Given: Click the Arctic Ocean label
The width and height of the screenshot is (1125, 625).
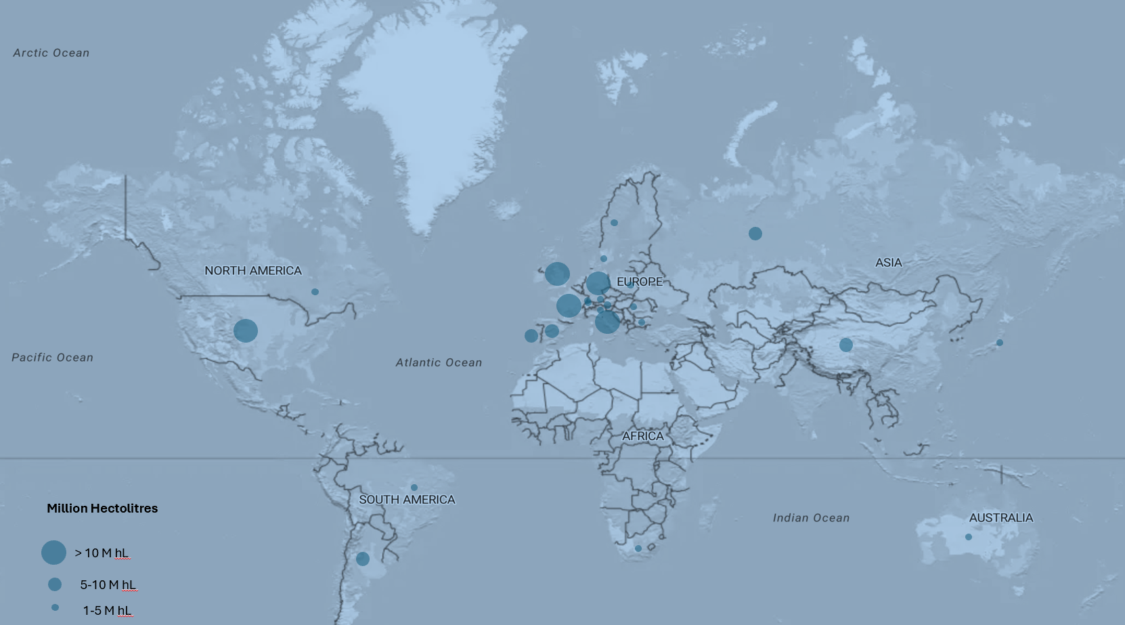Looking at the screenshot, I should point(51,53).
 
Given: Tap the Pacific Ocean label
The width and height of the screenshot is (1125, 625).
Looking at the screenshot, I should point(52,358).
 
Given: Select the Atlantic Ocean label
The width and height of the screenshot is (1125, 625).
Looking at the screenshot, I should point(439,363).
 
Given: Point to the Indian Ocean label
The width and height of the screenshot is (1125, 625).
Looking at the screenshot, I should point(811,518).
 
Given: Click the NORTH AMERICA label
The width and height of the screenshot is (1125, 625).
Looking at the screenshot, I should point(253,271).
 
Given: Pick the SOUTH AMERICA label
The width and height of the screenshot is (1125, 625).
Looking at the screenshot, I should point(407,500).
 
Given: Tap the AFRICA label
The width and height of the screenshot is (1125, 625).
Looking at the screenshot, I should point(643,436).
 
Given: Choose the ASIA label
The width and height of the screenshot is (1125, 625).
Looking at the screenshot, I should point(888,263).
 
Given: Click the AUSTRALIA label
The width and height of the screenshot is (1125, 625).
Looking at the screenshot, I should point(1000,518).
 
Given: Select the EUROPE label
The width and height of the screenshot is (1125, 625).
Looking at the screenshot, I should point(640,282).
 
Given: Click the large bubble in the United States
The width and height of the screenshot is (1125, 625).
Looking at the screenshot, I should point(246,330).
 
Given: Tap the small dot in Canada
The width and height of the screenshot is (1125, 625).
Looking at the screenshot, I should point(315,292).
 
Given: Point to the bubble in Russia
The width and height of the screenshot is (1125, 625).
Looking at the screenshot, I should point(755,234).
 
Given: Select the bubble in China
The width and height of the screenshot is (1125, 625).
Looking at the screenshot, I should point(846,345).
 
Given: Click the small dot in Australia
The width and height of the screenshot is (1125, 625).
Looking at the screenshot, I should point(969,537).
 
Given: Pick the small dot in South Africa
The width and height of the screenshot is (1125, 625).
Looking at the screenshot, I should point(638,548).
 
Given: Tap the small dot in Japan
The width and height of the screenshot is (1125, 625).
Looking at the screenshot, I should point(1000,343).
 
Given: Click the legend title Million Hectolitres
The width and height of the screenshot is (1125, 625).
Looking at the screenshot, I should point(102,509).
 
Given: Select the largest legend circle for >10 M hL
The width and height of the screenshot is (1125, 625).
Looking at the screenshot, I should point(53,553).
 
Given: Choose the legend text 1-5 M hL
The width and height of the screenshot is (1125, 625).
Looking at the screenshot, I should point(107,611).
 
